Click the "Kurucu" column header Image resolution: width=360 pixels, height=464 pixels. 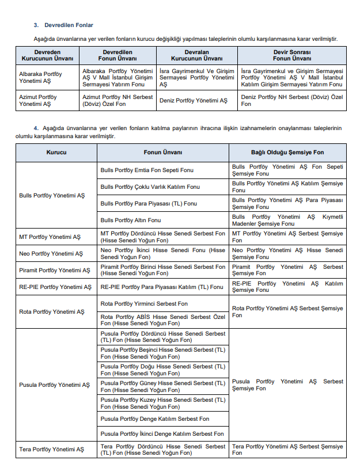(x=56, y=153)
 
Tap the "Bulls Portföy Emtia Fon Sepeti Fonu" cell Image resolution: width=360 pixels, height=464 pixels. (x=147, y=170)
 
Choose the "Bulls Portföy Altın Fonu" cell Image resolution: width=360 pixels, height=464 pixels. (x=130, y=220)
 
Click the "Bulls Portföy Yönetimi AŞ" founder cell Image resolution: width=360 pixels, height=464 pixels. (x=51, y=195)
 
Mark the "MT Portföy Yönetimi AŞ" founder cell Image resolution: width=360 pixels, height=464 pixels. (x=50, y=237)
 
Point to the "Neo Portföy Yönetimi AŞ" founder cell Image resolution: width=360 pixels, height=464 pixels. (x=51, y=253)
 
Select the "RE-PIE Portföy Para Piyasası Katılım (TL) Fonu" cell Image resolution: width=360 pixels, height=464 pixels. (x=161, y=287)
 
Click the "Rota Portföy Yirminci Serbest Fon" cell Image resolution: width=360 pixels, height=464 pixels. (x=144, y=303)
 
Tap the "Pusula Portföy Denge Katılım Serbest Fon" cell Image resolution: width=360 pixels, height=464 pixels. (x=154, y=419)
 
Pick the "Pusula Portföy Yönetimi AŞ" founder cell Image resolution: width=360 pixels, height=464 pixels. (x=54, y=385)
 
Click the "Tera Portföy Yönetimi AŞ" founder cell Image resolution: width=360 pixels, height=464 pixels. (x=51, y=449)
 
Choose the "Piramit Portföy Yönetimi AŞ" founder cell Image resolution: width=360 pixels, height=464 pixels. (x=54, y=270)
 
